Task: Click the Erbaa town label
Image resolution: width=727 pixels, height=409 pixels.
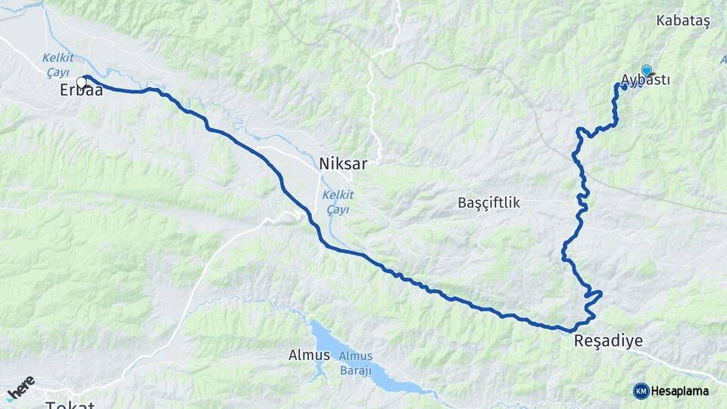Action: (81, 90)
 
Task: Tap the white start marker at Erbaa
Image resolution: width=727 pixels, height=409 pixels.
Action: (81, 82)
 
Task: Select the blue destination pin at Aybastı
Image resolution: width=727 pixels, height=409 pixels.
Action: (646, 70)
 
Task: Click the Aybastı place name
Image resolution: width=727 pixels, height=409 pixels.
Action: (645, 80)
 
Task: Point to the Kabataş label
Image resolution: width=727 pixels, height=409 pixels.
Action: (684, 21)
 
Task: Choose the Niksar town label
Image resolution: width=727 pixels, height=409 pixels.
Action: (342, 163)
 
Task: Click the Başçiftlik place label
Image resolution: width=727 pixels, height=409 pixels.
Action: (488, 203)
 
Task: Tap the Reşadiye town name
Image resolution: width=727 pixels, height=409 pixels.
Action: (608, 342)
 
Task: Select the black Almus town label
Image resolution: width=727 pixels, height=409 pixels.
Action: (309, 354)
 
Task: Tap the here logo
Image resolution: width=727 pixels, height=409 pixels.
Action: (21, 386)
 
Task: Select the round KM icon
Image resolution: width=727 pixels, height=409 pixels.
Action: (641, 391)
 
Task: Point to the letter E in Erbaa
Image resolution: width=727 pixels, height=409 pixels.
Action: (64, 90)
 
